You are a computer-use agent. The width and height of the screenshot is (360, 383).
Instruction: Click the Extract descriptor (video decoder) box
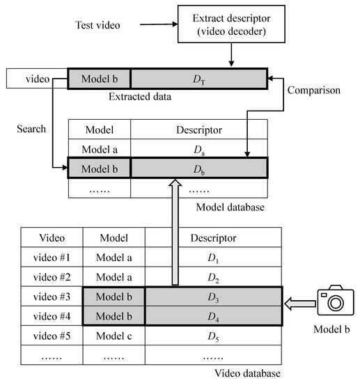click(x=232, y=26)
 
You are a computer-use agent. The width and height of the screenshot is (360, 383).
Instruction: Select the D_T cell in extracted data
click(x=198, y=79)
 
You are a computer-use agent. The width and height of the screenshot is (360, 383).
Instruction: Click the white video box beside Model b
click(x=38, y=79)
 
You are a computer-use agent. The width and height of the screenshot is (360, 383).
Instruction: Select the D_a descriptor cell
click(x=198, y=149)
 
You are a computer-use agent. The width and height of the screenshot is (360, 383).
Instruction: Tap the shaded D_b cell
click(x=198, y=169)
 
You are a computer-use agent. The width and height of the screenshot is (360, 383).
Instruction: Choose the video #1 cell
click(x=52, y=257)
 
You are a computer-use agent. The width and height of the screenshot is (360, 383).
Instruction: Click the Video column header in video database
click(x=52, y=237)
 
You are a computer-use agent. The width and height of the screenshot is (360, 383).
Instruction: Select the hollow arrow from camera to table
click(x=297, y=303)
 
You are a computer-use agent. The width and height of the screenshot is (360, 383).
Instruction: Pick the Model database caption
click(x=230, y=207)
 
